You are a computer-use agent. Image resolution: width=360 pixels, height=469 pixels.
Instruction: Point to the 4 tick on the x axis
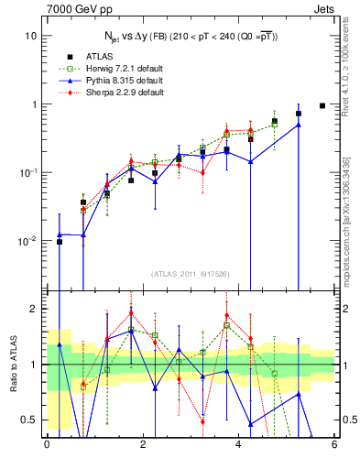(238, 445)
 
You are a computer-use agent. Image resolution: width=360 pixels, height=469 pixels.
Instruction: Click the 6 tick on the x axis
(334, 445)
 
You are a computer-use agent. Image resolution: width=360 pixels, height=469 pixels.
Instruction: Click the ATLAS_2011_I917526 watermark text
(191, 274)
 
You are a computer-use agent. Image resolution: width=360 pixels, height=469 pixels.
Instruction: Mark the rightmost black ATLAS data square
(322, 105)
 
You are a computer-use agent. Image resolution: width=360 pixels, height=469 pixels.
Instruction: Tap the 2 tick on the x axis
(143, 445)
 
